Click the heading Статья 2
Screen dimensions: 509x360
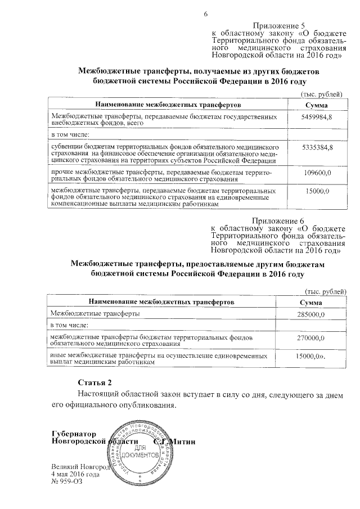(91, 382)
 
